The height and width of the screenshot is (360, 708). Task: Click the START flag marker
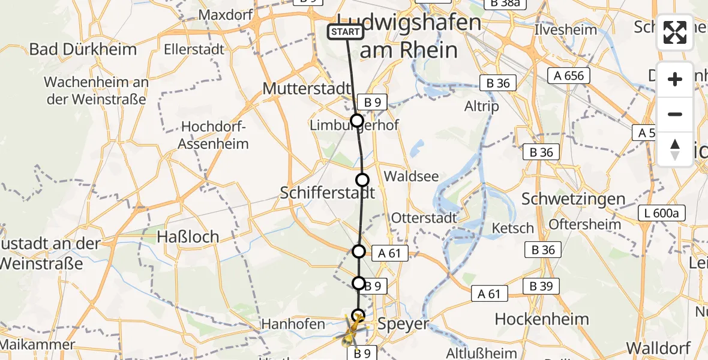[x=346, y=32]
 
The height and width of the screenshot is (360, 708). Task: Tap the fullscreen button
[x=675, y=33]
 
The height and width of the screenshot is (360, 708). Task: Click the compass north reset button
[x=675, y=149]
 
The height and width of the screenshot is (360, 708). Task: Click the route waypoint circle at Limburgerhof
[x=357, y=121]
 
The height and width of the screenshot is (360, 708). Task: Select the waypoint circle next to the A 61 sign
[x=359, y=251]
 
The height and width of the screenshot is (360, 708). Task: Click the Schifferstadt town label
[x=328, y=193]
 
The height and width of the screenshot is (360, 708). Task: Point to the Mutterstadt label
[x=307, y=89]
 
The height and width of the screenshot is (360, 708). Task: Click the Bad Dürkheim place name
[x=83, y=49]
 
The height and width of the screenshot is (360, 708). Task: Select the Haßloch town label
[x=188, y=236]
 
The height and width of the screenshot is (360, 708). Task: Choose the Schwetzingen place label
[x=574, y=199]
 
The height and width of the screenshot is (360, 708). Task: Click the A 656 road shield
[x=569, y=76]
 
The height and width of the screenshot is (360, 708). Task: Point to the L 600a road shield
[x=661, y=213]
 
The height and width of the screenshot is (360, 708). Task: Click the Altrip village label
[x=482, y=106]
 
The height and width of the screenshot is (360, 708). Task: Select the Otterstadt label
[x=424, y=218]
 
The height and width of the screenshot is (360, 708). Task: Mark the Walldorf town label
[x=658, y=347]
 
